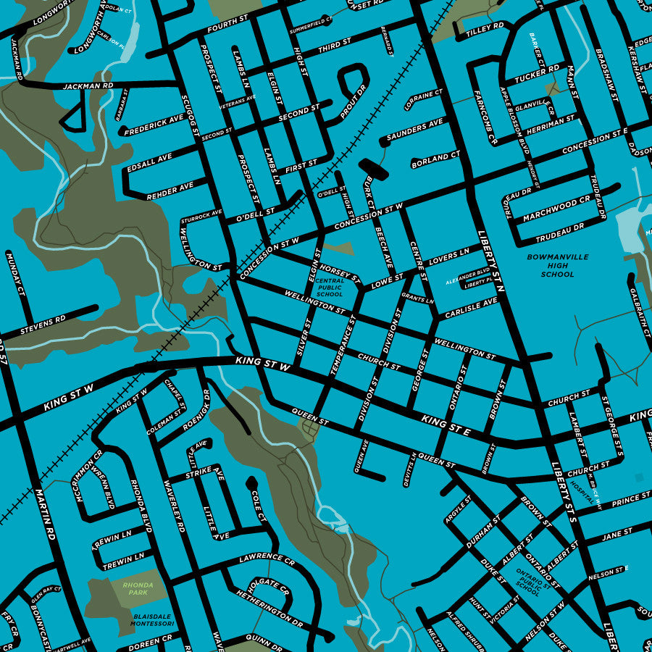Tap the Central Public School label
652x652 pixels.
[330, 288]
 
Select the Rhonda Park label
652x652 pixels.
[135, 588]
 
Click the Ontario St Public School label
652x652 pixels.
[528, 581]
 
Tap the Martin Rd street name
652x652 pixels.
[45, 515]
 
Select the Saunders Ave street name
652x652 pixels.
[414, 130]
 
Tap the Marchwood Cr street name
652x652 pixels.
[556, 206]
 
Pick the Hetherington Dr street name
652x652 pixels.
[269, 607]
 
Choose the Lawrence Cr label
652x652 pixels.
[267, 560]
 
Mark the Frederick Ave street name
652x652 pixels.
[154, 125]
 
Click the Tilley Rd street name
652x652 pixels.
[485, 30]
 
